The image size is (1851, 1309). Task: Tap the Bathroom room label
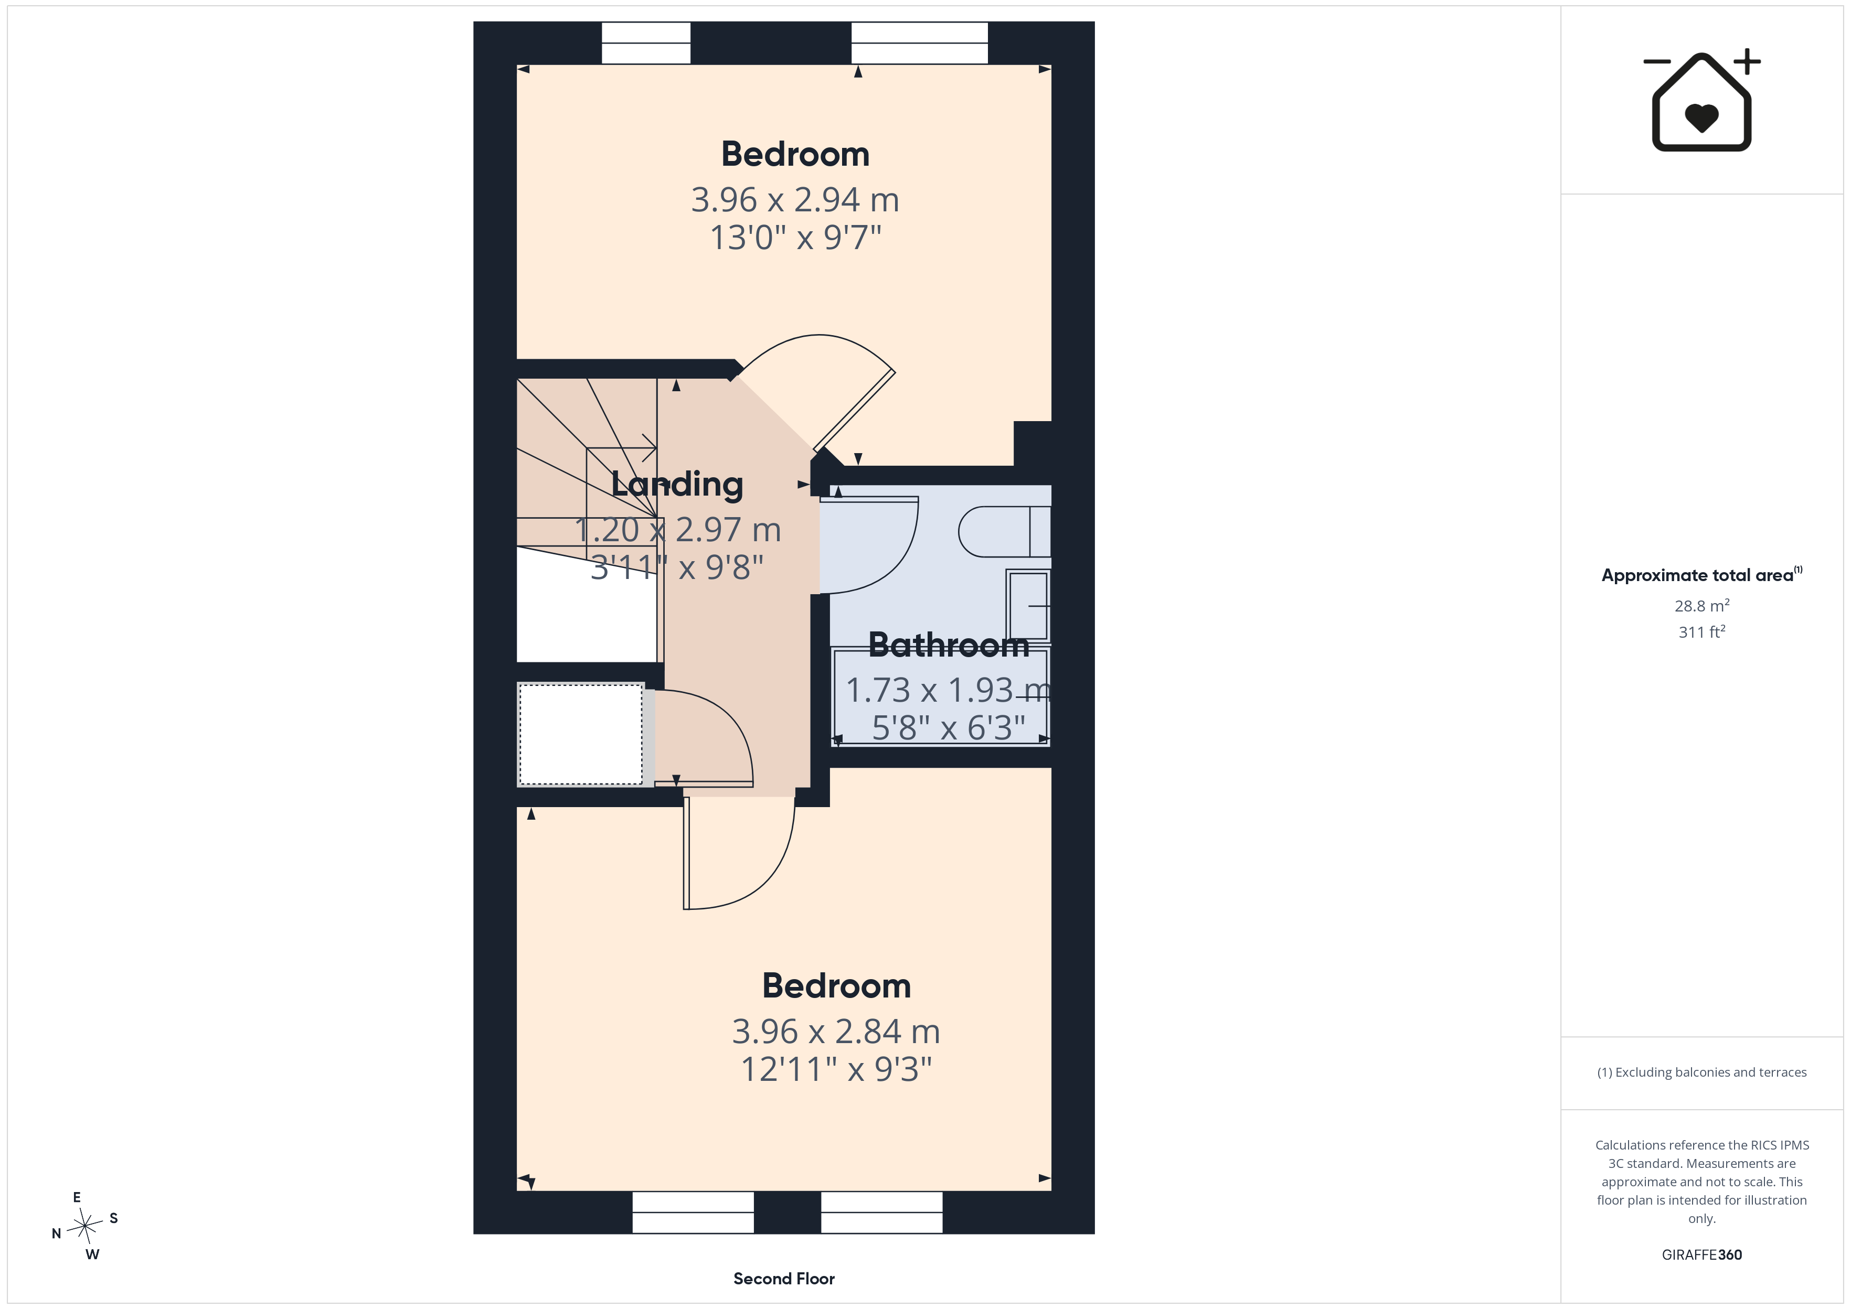(949, 645)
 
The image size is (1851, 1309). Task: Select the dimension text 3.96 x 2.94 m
(795, 200)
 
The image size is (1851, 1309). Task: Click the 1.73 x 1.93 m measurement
(948, 690)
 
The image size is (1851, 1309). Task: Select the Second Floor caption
(784, 1279)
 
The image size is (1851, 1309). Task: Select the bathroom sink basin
(1028, 605)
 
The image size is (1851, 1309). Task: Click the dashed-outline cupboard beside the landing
(580, 734)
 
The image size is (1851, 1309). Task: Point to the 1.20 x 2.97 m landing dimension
(678, 530)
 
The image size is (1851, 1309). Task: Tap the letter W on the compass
(93, 1254)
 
